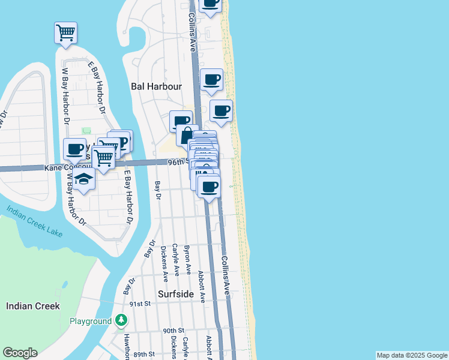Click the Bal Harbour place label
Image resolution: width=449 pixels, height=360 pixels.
[156, 86]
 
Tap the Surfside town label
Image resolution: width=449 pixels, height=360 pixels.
[176, 294]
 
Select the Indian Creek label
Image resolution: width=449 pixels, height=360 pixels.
[33, 306]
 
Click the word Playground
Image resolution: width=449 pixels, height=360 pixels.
[91, 322]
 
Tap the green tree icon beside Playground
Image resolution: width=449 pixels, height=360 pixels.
[122, 320]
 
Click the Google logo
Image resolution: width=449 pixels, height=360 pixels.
[20, 353]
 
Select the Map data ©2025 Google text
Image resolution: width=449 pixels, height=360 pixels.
[412, 355]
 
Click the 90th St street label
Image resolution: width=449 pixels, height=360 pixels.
[173, 331]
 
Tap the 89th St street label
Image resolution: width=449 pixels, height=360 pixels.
[144, 355]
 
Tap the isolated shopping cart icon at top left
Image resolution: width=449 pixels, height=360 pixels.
[65, 32]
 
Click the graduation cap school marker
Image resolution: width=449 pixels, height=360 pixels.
[85, 180]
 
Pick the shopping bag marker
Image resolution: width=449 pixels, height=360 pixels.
[187, 134]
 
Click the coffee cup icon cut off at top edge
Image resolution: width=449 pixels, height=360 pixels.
[210, 4]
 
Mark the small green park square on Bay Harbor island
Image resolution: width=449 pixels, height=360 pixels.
[86, 131]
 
